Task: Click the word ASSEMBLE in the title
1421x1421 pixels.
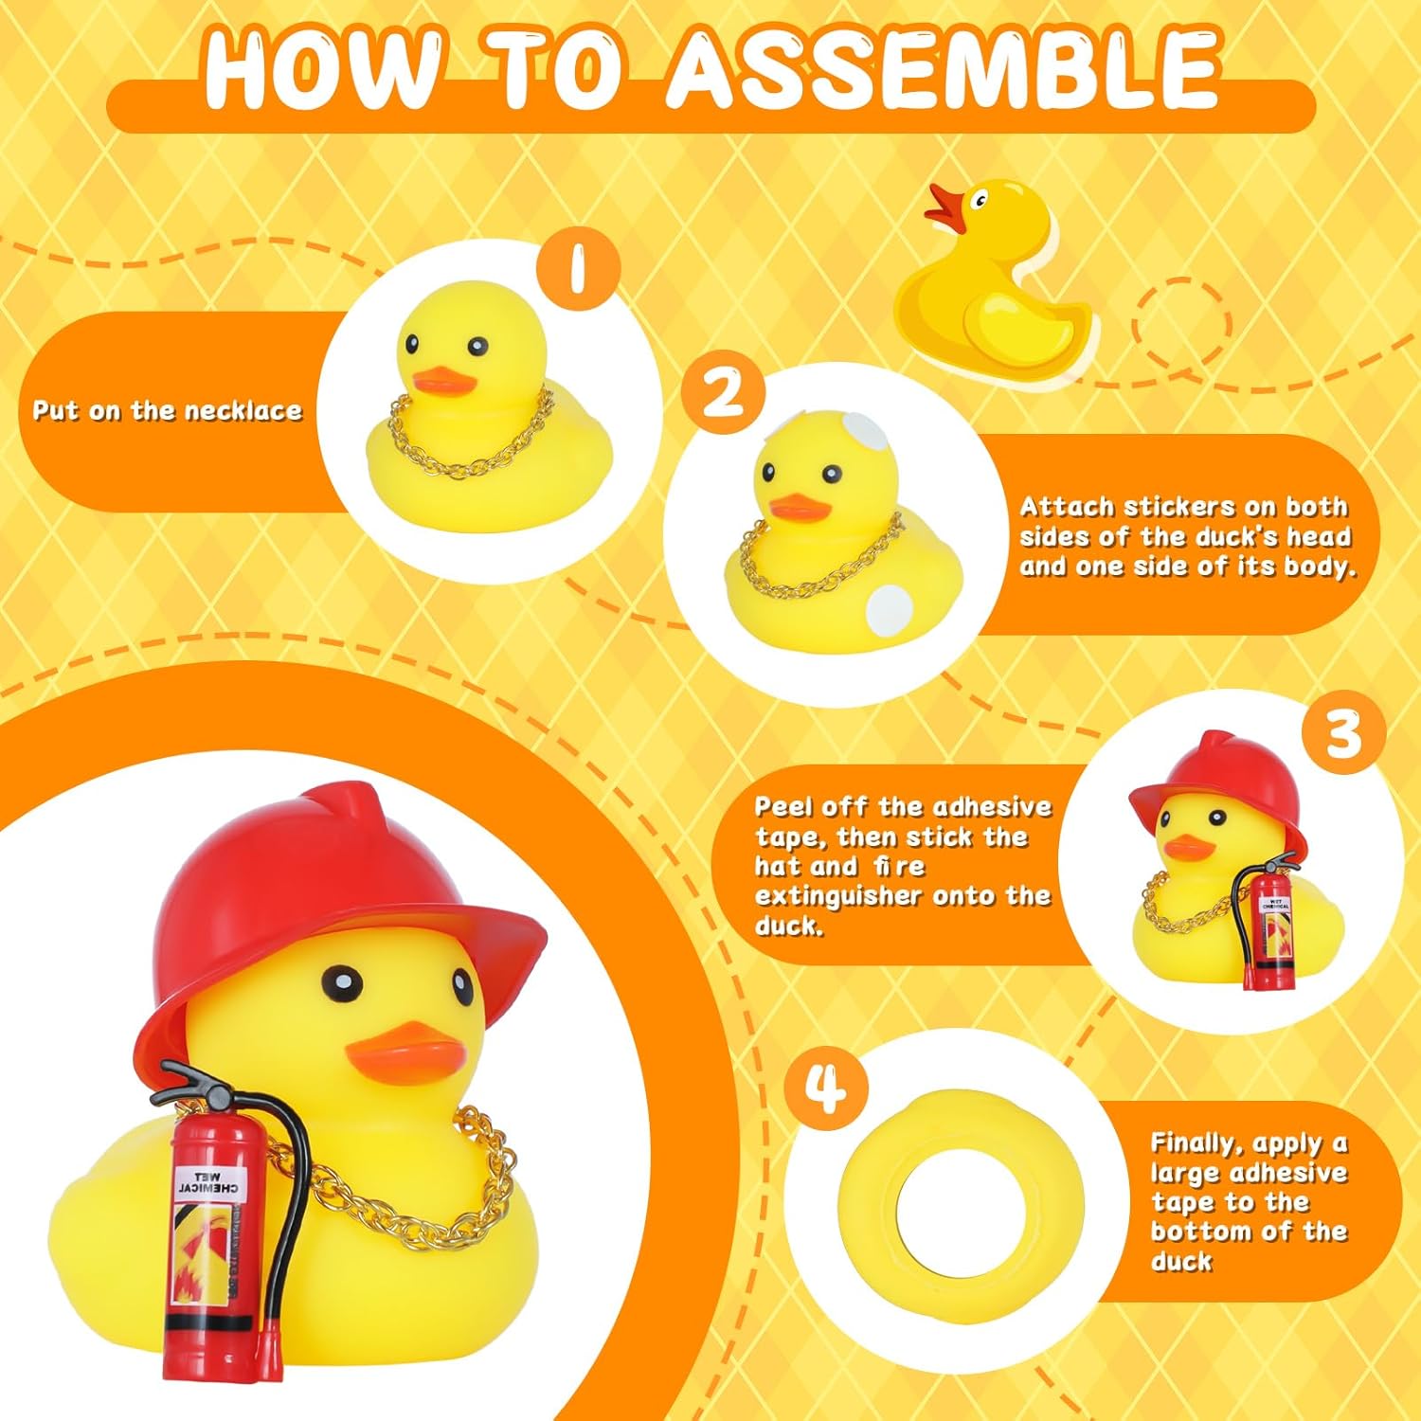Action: pyautogui.click(x=941, y=68)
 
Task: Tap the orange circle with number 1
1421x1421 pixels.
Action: pyautogui.click(x=578, y=268)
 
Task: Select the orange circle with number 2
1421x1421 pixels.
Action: pyautogui.click(x=723, y=393)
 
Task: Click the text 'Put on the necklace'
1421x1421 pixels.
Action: pyautogui.click(x=168, y=410)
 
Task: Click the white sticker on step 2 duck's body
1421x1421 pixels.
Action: pyautogui.click(x=889, y=608)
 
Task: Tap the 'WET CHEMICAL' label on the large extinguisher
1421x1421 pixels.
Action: pyautogui.click(x=208, y=1182)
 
